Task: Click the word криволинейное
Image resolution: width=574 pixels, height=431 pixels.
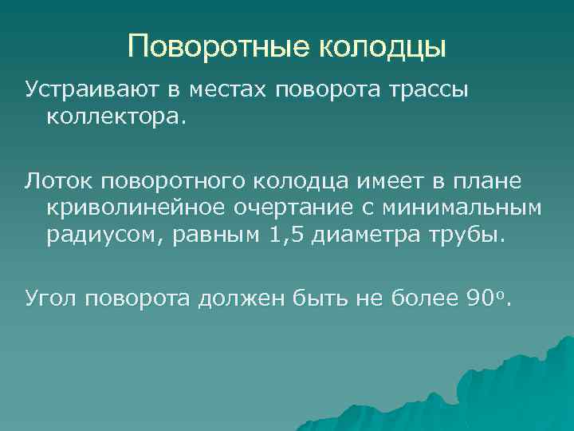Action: click(129, 209)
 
